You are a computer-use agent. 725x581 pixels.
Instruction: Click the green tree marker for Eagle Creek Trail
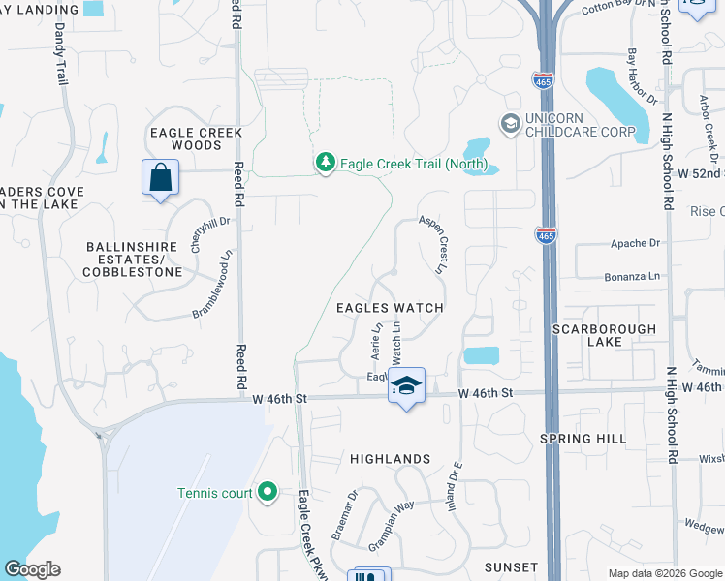pyautogui.click(x=327, y=164)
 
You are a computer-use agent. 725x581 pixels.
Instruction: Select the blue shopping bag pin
pyautogui.click(x=160, y=179)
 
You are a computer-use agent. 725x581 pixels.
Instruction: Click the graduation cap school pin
pyautogui.click(x=407, y=385)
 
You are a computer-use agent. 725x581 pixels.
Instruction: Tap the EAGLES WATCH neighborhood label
pyautogui.click(x=390, y=308)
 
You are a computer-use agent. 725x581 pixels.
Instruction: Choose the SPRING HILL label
pyautogui.click(x=581, y=439)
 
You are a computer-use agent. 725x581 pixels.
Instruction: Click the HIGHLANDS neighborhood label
pyautogui.click(x=390, y=459)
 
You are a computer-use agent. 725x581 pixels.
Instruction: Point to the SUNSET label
pyautogui.click(x=511, y=566)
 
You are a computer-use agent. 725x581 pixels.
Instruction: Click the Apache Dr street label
pyautogui.click(x=635, y=243)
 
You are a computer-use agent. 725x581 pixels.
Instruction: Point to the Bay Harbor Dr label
pyautogui.click(x=643, y=76)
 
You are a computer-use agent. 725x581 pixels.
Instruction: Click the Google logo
pyautogui.click(x=32, y=569)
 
